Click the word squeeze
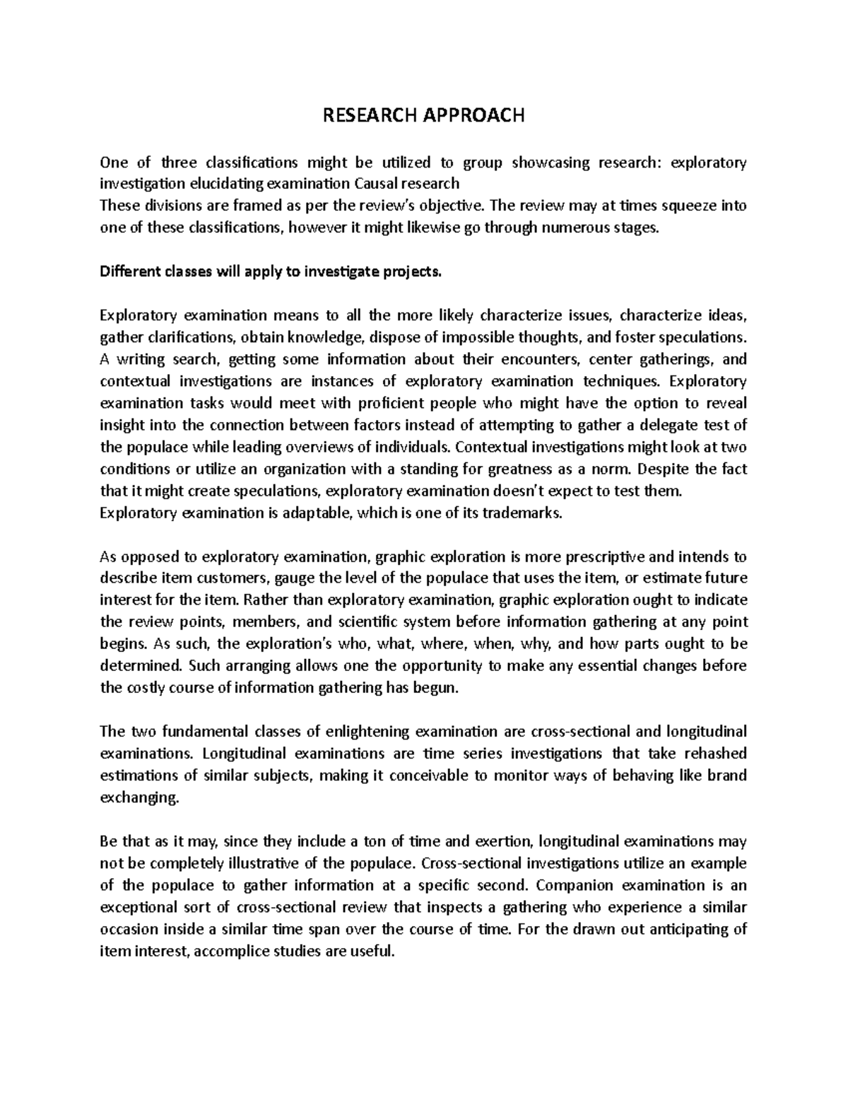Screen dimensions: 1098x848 click(x=683, y=206)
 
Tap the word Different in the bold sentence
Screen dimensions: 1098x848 click(x=129, y=272)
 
